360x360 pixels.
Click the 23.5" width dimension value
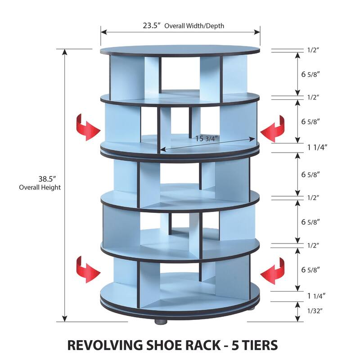(152, 26)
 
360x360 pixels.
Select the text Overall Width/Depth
(194, 26)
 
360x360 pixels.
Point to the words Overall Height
(40, 187)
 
